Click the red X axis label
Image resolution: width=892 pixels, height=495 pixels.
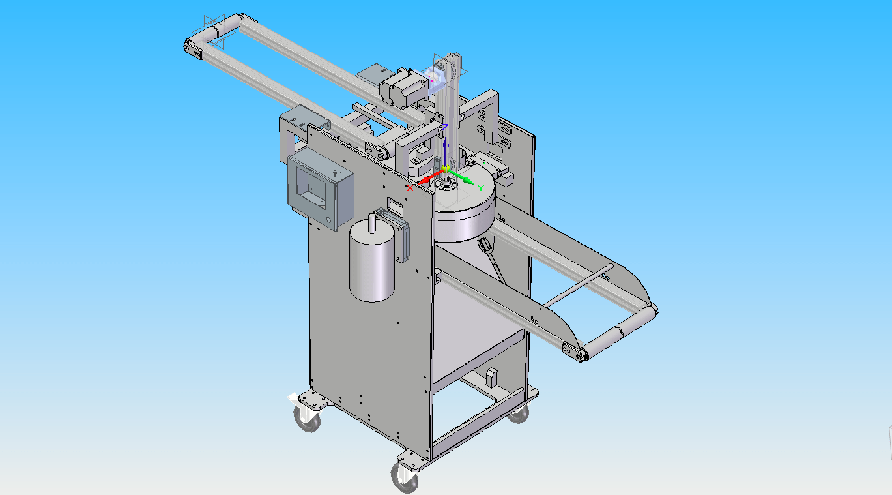[x=410, y=188]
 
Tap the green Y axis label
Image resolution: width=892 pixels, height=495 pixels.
[x=481, y=188]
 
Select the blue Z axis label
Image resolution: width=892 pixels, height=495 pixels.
[x=445, y=128]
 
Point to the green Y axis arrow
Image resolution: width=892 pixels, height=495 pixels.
[x=462, y=177]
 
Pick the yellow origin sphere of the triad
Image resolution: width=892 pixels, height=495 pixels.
[x=446, y=168]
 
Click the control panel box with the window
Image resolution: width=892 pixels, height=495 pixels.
[x=321, y=190]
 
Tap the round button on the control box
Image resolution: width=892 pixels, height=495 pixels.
[x=328, y=220]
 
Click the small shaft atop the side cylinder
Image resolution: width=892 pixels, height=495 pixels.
[x=372, y=223]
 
